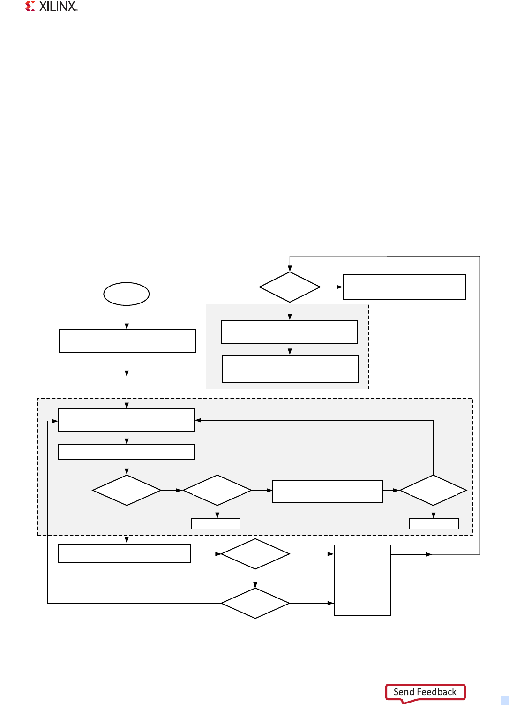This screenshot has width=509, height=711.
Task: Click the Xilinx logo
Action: click(x=51, y=7)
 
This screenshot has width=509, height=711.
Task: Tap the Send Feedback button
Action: click(x=425, y=692)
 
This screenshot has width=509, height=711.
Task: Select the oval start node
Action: click(x=126, y=294)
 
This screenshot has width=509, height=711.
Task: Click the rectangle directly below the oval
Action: click(x=127, y=341)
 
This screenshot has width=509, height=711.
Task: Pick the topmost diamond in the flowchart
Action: click(x=290, y=287)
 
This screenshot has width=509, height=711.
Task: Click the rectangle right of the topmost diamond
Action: click(x=404, y=287)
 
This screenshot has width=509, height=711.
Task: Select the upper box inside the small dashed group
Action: click(x=290, y=332)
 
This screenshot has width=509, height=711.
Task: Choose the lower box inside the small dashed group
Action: click(x=290, y=369)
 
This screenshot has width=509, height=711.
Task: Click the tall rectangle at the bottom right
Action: click(x=362, y=580)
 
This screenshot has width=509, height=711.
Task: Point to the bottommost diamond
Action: click(x=255, y=603)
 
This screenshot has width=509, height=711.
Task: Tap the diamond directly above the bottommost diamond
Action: click(x=255, y=554)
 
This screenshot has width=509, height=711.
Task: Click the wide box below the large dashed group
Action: click(x=124, y=553)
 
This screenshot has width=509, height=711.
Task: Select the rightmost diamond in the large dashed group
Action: click(x=433, y=490)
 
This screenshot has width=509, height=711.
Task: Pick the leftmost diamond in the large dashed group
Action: click(x=127, y=490)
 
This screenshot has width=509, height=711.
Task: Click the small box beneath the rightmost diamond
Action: click(x=434, y=524)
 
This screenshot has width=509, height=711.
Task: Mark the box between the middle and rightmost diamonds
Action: click(x=327, y=492)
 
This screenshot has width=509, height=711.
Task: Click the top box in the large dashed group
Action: click(x=126, y=420)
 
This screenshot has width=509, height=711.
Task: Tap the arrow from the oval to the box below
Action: click(x=127, y=317)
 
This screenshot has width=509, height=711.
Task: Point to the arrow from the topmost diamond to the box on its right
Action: click(x=331, y=287)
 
